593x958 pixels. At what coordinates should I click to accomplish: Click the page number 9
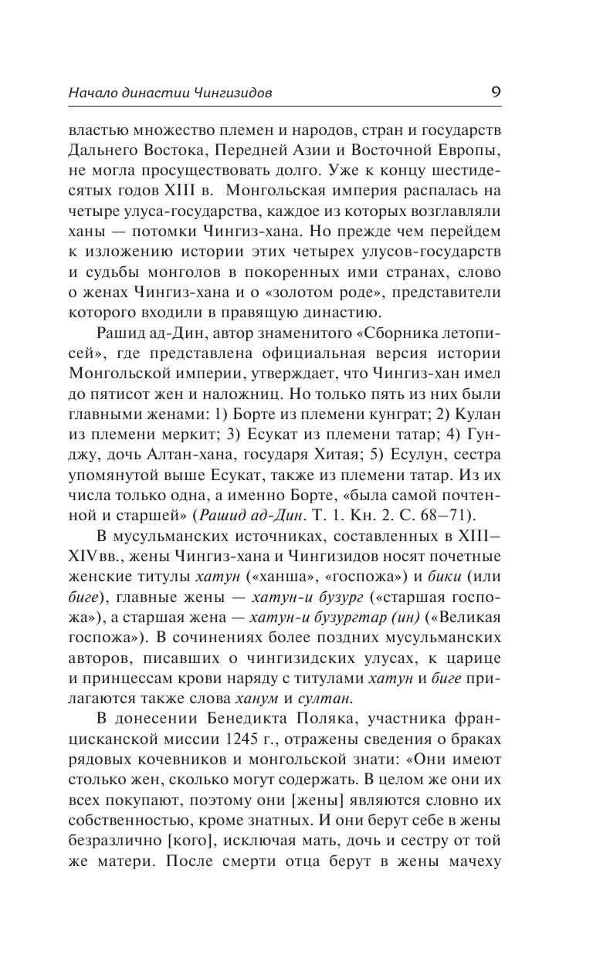click(x=496, y=92)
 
